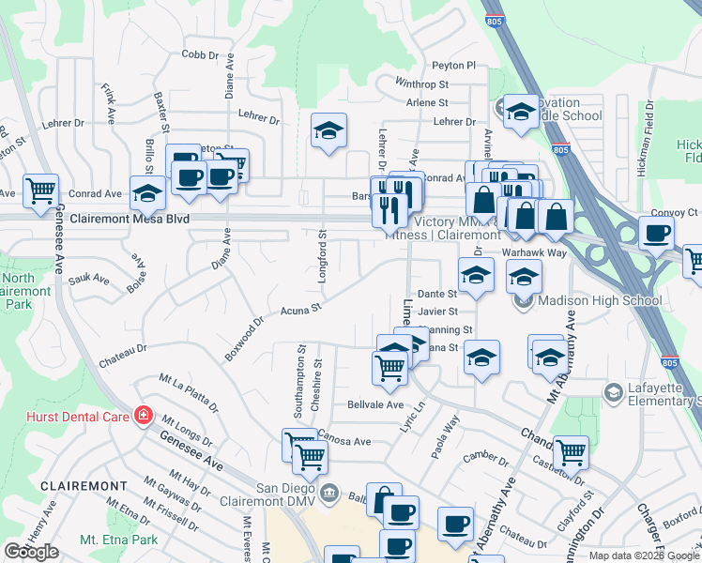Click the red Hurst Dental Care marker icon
[x=143, y=415]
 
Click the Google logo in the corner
[x=31, y=552]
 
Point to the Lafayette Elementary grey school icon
[x=615, y=391]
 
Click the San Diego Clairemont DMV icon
[x=328, y=492]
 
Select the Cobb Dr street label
[x=200, y=54]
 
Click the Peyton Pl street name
[x=454, y=65]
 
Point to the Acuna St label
[x=301, y=308]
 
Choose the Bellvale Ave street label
[x=375, y=404]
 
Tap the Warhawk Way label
[x=534, y=253]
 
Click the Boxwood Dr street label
[x=245, y=337]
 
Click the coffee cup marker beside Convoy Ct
[x=656, y=232]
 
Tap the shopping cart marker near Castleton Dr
[x=571, y=452]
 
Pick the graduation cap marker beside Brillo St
[x=147, y=192]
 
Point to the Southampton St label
[x=300, y=384]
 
